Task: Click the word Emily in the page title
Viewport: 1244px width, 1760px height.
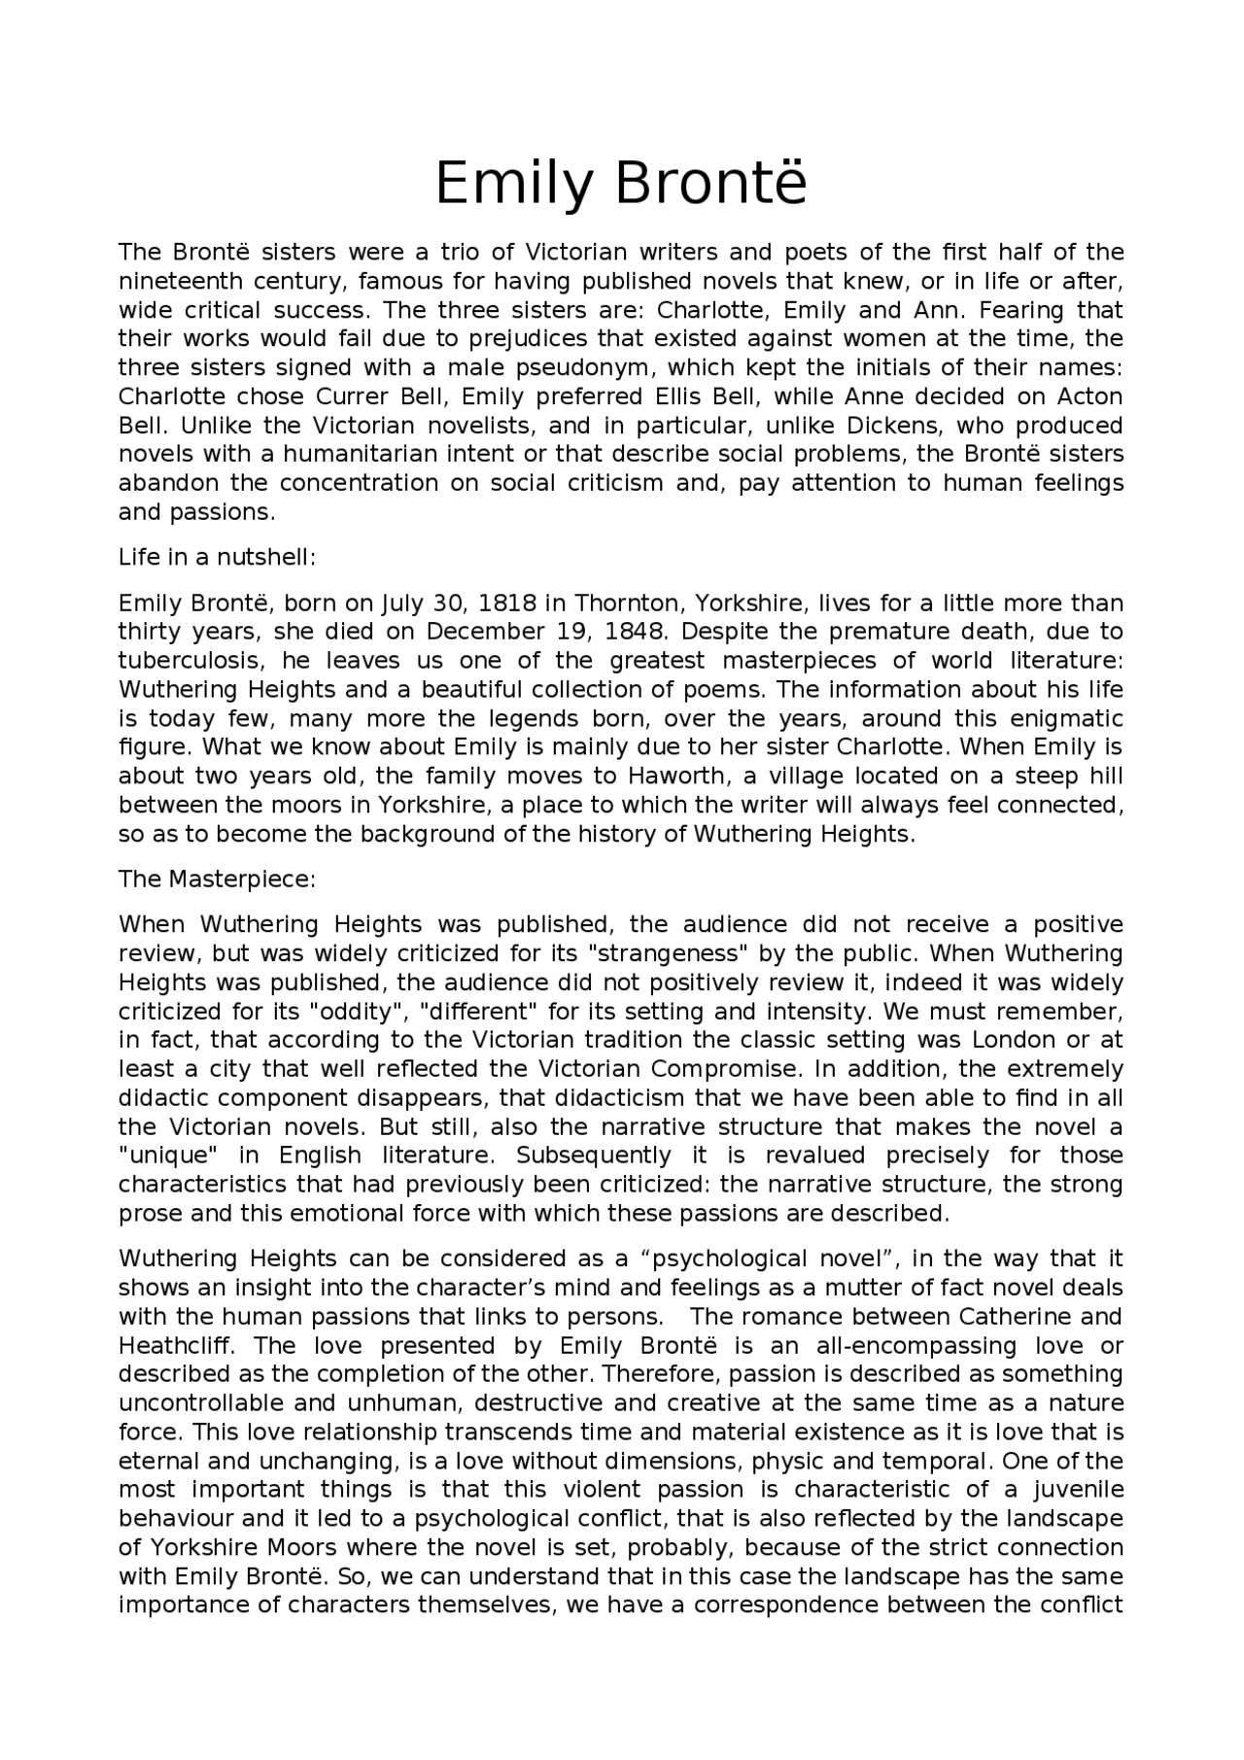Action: pos(513,184)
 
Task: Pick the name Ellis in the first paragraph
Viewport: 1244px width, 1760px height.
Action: pos(680,397)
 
